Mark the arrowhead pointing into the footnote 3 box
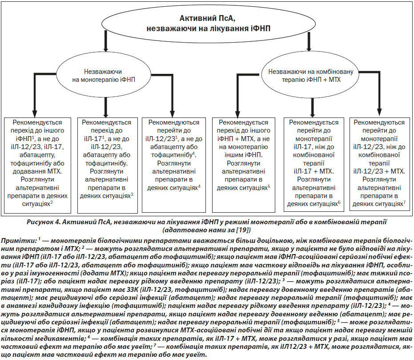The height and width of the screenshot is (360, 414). pyautogui.click(x=106, y=114)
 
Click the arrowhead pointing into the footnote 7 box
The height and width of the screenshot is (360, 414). pyautogui.click(x=379, y=113)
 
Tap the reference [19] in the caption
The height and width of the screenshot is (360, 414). pyautogui.click(x=243, y=230)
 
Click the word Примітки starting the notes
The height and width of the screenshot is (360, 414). pyautogui.click(x=19, y=241)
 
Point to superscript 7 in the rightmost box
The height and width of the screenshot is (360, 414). pyautogui.click(x=405, y=202)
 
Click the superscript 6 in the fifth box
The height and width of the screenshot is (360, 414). pyautogui.click(x=339, y=202)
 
